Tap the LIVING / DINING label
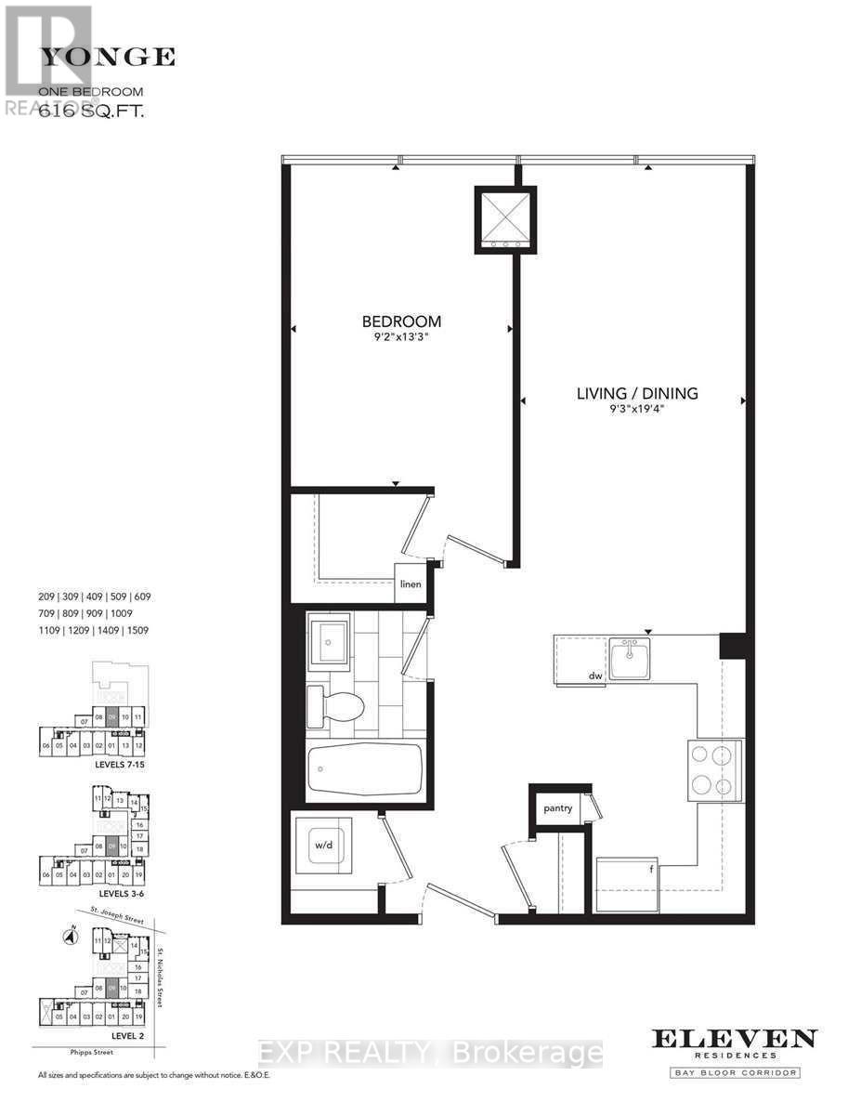(637, 393)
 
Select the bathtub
(365, 769)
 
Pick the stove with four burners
(713, 770)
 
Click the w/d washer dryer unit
(321, 846)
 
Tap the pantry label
(558, 808)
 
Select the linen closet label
(411, 584)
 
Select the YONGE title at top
(108, 57)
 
